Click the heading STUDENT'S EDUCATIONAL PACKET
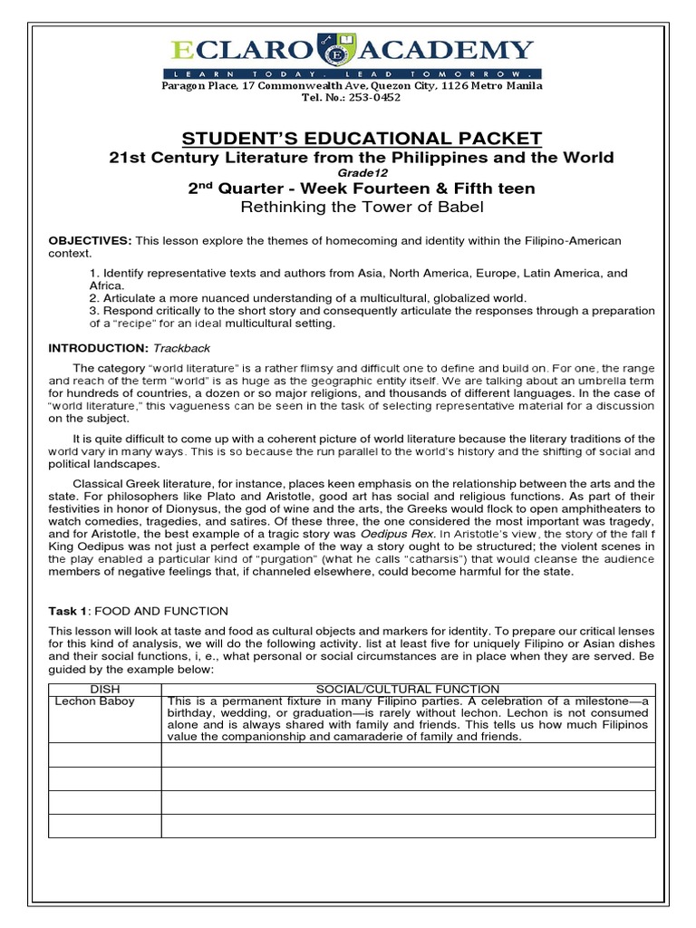click(x=362, y=138)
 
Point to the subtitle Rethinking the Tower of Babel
click(x=362, y=207)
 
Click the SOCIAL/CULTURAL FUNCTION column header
click(x=408, y=690)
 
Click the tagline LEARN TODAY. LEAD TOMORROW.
click(x=362, y=72)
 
